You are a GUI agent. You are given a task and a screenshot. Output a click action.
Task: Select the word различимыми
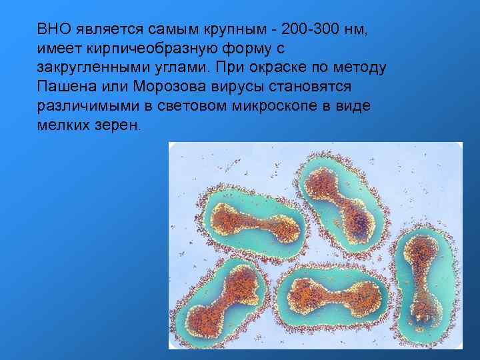click(92, 107)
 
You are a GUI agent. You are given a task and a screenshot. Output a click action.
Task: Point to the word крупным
click(239, 29)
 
